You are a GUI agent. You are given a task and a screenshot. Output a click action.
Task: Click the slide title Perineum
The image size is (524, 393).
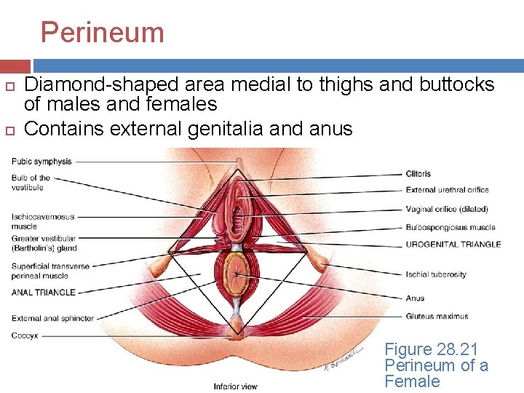[x=102, y=33]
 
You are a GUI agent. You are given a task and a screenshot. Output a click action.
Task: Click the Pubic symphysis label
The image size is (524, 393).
[x=41, y=161]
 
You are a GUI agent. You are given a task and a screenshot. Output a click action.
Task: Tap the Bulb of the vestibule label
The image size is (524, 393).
[x=31, y=183]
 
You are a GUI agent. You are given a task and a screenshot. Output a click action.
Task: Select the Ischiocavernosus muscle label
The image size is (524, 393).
[x=42, y=221]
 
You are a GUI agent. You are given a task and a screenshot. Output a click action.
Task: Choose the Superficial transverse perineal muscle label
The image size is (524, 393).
[x=50, y=271]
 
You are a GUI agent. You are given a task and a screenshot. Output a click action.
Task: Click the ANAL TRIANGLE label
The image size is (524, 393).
[x=43, y=293]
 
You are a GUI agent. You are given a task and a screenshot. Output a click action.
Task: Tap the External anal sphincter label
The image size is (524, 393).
[x=52, y=318]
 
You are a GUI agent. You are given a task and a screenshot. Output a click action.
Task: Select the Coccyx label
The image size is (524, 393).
[x=25, y=336]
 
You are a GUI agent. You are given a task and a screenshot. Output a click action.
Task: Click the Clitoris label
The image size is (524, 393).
[x=418, y=174]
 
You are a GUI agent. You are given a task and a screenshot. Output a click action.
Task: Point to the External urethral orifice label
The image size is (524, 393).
[x=447, y=190]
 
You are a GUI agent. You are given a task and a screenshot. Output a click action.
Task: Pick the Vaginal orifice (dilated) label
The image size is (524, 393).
[x=446, y=209]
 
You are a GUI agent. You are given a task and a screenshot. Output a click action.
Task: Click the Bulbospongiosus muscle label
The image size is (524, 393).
[x=450, y=227]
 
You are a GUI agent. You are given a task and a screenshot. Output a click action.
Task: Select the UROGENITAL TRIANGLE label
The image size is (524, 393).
[x=453, y=245]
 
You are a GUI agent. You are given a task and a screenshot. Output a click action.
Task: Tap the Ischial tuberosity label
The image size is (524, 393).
[x=436, y=274]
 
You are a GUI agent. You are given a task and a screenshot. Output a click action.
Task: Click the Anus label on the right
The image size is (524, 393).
[x=415, y=298]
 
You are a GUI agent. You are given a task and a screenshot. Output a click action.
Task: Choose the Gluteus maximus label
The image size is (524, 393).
[x=437, y=317]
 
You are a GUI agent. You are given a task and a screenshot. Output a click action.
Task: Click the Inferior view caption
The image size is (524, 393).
[x=234, y=386]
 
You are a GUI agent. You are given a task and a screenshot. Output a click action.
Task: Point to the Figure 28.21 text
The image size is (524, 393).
[x=431, y=350]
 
